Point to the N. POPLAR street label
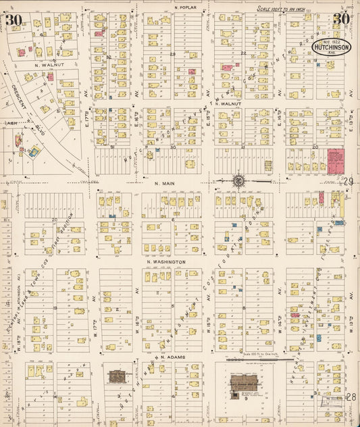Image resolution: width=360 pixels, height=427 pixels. coord(184,8)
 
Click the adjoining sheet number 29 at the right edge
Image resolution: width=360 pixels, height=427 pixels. coord(349,181)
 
